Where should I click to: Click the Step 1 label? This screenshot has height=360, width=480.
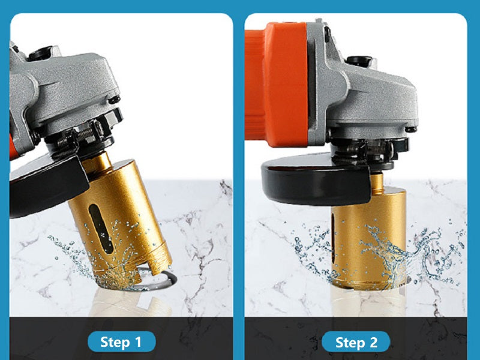[x=122, y=341]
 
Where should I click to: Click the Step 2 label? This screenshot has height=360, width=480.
[x=356, y=342]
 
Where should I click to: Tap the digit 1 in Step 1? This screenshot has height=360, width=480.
[x=138, y=341]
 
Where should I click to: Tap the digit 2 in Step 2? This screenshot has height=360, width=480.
[x=373, y=342]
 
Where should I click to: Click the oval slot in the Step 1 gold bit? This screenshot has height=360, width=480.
[x=101, y=229]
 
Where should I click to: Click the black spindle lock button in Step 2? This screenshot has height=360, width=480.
[x=358, y=61]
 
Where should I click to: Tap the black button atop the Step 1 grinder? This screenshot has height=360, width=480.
[x=40, y=53]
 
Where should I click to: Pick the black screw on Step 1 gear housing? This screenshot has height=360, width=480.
[x=114, y=100]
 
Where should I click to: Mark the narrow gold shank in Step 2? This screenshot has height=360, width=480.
[x=377, y=183]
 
